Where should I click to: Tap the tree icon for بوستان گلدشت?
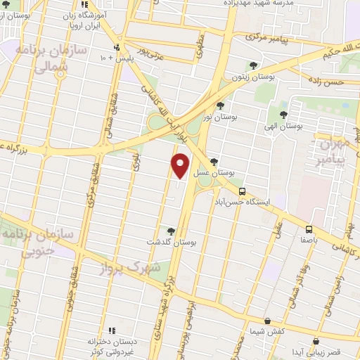point(171,231)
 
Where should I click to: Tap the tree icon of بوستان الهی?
point(283,115)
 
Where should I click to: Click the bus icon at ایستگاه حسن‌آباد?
point(242,191)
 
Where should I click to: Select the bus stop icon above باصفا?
point(309,230)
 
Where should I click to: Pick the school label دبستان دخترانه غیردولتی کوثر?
point(110,345)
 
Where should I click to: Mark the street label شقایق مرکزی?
point(91,190)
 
